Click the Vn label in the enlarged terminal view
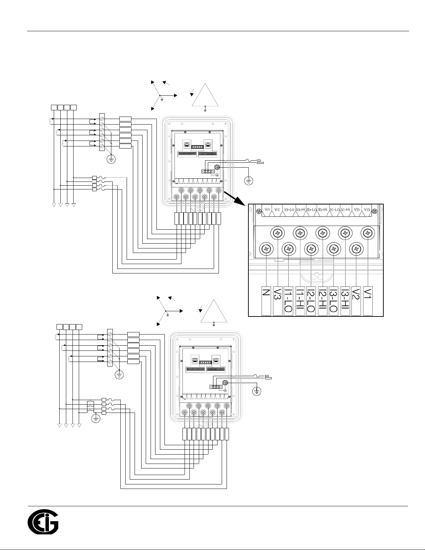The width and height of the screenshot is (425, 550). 267,209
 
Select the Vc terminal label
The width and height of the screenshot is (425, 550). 277,209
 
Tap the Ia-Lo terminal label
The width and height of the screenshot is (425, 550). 289,210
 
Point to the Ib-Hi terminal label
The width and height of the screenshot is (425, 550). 323,210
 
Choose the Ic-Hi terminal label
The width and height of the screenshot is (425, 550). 345,210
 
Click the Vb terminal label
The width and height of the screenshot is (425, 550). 357,209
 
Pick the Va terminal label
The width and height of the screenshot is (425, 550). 367,209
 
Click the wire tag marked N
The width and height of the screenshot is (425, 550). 266,301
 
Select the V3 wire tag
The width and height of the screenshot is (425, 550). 278,301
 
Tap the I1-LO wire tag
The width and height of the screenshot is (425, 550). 288,301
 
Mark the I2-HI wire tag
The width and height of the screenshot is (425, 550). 323,301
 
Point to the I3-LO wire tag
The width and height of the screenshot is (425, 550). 333,301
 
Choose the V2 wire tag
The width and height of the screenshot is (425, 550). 356,301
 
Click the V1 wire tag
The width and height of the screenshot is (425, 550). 368,301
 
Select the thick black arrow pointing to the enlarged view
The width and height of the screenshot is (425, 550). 235,199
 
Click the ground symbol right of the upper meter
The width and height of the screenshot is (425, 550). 249,181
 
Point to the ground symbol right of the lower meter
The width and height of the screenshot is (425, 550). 257,391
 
